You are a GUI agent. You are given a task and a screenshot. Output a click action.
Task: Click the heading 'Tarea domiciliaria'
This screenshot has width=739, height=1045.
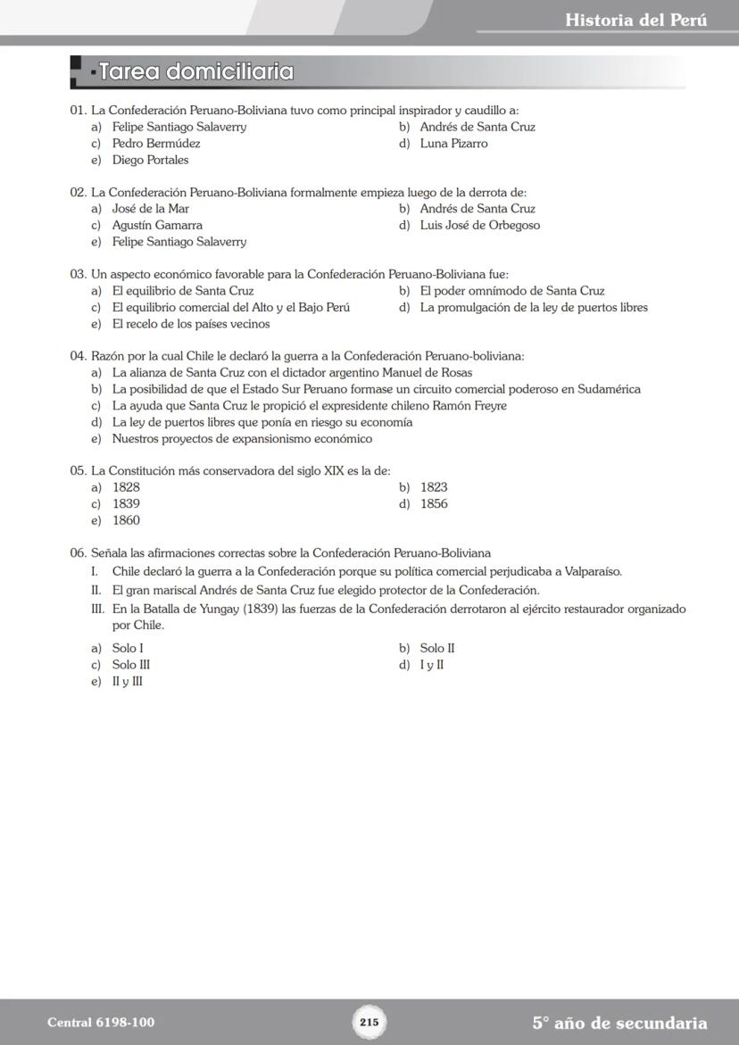click(196, 71)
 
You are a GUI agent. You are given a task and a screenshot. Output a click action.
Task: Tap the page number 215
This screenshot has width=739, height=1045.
click(369, 1022)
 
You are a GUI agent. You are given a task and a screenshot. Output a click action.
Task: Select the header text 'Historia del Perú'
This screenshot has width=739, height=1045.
click(635, 20)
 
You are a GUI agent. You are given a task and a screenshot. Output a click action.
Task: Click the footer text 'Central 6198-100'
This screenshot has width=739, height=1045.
click(94, 1023)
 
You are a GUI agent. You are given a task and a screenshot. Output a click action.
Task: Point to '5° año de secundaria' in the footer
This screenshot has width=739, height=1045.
click(619, 1023)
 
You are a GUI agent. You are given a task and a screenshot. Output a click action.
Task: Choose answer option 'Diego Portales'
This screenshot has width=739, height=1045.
click(150, 160)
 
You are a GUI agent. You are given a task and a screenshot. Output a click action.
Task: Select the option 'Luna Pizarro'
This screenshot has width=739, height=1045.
click(453, 144)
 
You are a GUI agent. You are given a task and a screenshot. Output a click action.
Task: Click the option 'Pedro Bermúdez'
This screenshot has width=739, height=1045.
click(156, 144)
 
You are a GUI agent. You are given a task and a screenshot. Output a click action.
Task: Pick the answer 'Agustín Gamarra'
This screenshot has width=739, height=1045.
click(157, 226)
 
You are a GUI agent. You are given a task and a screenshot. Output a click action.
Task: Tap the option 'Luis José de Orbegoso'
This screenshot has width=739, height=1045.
click(479, 226)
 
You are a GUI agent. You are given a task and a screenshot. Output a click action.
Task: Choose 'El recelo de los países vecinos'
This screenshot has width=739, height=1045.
click(190, 324)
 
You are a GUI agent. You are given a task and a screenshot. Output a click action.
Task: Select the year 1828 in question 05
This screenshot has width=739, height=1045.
click(126, 487)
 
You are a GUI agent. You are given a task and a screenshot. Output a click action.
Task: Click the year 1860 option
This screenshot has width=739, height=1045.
click(126, 520)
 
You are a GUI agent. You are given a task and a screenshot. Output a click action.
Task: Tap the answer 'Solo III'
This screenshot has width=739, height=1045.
click(130, 665)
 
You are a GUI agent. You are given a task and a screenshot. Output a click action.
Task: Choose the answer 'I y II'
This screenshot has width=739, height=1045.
click(432, 665)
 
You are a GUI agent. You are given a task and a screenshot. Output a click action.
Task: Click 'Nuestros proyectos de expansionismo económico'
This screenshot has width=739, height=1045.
click(242, 439)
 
